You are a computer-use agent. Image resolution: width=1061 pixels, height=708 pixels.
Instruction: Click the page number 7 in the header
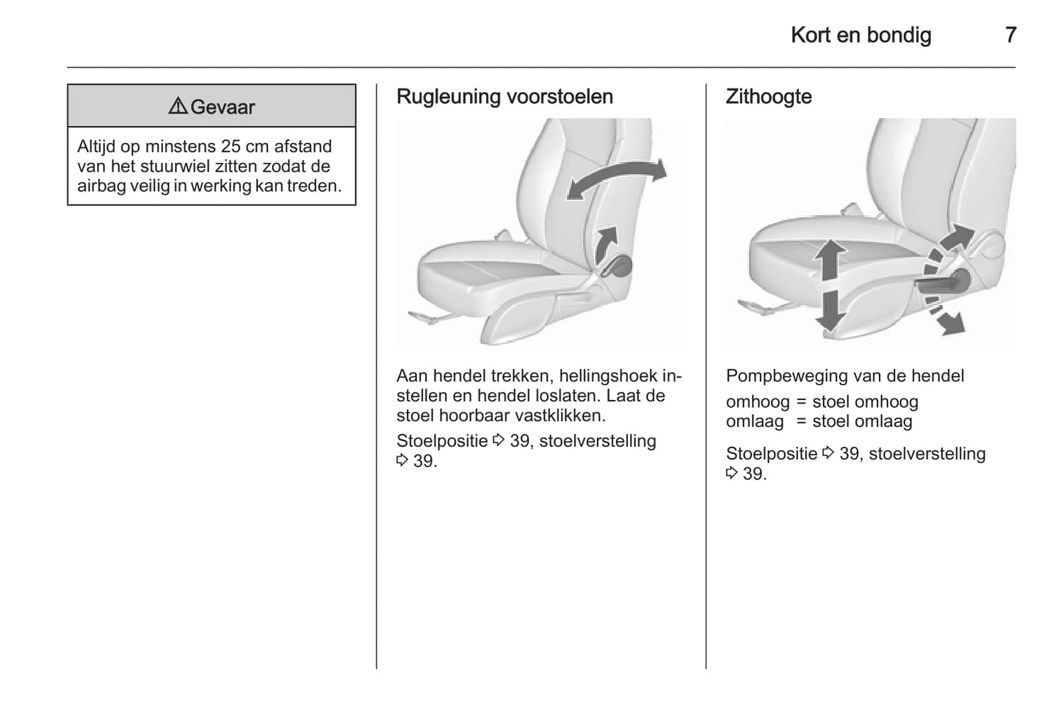click(x=1010, y=34)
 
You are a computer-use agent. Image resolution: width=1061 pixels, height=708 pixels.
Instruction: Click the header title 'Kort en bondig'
click(x=861, y=34)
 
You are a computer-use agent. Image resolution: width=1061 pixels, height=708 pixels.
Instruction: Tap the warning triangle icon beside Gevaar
click(x=177, y=106)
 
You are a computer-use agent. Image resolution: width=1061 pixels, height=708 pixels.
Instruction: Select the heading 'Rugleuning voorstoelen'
click(x=504, y=97)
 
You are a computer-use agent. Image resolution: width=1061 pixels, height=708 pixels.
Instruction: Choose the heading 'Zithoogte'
click(x=768, y=97)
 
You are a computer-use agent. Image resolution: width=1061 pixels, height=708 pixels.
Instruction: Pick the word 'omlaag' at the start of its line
click(x=755, y=422)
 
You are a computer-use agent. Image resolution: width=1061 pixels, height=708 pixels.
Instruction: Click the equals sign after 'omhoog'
click(x=800, y=402)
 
